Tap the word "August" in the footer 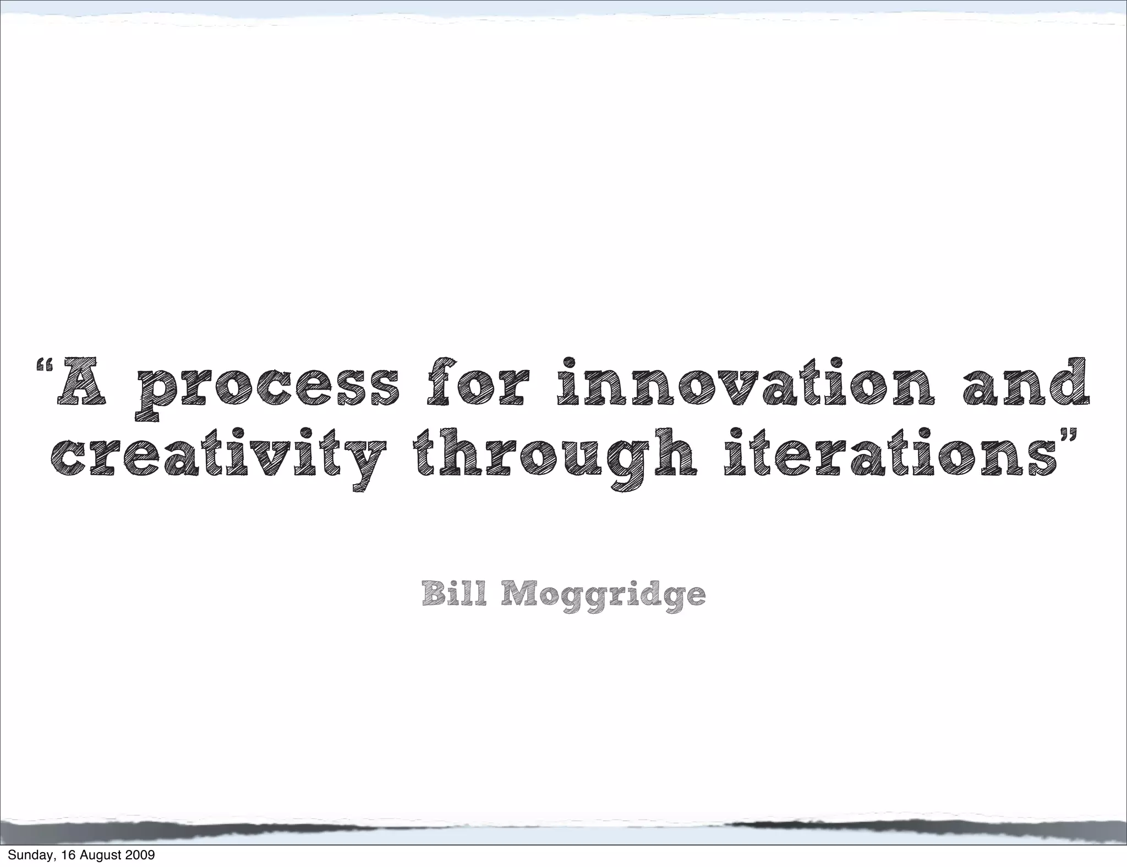pos(100,856)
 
